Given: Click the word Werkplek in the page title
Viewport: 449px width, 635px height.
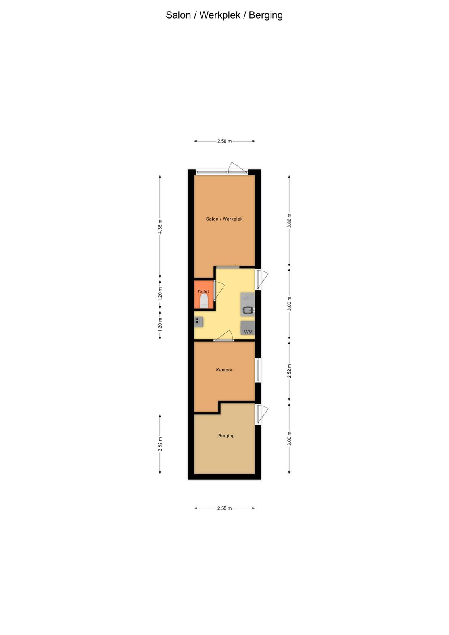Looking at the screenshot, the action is (220, 15).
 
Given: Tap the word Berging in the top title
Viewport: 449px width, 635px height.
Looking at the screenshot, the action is (266, 15).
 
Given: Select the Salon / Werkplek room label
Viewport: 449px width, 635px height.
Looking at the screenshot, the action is (224, 219).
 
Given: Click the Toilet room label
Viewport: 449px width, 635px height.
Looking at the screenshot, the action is (203, 291).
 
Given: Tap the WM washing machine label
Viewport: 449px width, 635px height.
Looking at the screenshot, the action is (248, 332).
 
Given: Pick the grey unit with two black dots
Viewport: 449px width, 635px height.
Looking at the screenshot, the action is (198, 322).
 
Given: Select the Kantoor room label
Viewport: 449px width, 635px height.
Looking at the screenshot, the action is (224, 370).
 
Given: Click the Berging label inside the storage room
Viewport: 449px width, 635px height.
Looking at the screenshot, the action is (226, 436).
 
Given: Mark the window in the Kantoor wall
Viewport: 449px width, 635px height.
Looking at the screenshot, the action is (258, 370).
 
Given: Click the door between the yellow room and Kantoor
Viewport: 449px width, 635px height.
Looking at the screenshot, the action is (224, 336).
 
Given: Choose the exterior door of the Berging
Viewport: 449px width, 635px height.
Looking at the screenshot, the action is (262, 414).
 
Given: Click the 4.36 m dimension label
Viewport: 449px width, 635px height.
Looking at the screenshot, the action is (160, 227).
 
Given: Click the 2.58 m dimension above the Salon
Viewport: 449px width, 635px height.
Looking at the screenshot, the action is (224, 141).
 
